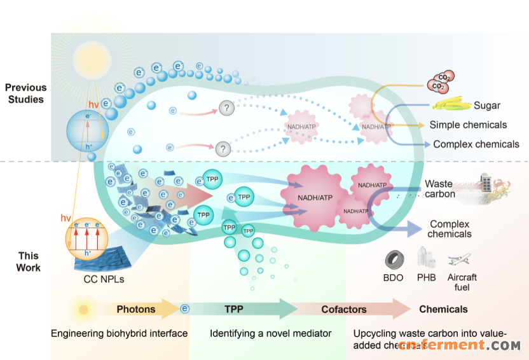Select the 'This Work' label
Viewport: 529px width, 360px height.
click(x=29, y=261)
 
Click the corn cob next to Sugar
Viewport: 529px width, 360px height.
click(x=450, y=106)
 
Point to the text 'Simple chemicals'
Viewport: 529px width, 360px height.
click(x=468, y=125)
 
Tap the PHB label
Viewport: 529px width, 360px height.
click(x=427, y=277)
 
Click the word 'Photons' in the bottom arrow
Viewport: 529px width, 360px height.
click(x=135, y=309)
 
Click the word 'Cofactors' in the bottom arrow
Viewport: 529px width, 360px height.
click(x=343, y=309)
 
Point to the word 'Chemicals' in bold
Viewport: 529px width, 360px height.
click(x=443, y=309)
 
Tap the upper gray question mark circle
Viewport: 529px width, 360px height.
click(x=226, y=108)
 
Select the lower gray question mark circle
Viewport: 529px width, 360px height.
click(x=222, y=149)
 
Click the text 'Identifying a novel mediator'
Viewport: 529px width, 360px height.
click(x=271, y=333)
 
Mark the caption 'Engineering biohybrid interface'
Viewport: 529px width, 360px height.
click(x=120, y=333)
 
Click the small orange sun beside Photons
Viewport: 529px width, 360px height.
click(x=83, y=310)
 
